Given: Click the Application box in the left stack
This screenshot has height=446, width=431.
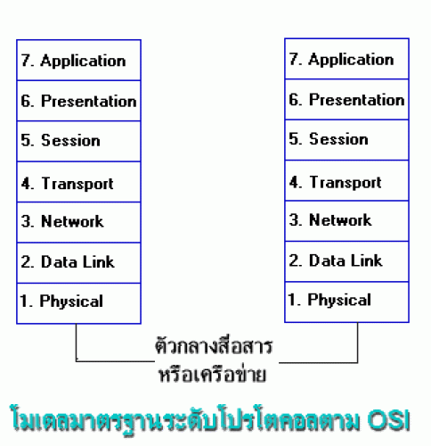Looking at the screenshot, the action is [x=78, y=60].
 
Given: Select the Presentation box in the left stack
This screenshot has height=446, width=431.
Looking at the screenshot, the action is [x=78, y=101].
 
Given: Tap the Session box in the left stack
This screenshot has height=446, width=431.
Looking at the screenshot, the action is [x=78, y=141].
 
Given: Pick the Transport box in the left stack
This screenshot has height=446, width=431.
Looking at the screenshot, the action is [x=78, y=182].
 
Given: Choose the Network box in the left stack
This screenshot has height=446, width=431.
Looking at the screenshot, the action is [x=78, y=222].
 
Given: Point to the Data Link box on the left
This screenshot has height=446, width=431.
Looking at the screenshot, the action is [x=78, y=263].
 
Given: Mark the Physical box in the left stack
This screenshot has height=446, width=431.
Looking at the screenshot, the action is [x=78, y=303].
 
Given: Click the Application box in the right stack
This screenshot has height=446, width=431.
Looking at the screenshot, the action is [x=346, y=59].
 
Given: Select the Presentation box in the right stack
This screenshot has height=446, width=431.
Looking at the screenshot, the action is [x=346, y=100].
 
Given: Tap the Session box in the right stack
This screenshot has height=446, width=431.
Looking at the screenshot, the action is [x=346, y=140].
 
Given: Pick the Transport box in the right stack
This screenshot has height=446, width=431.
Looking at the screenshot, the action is [x=346, y=180].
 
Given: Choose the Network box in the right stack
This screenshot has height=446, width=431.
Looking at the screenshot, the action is [x=346, y=221].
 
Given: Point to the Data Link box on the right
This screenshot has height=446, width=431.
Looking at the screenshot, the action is [x=346, y=261].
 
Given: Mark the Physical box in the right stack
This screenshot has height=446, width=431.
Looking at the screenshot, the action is [x=346, y=302].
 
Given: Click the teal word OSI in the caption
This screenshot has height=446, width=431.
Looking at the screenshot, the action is [x=388, y=420].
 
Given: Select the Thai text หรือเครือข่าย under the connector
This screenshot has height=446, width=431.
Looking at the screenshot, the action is [x=213, y=373].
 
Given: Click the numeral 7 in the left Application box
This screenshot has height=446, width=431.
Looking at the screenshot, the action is [x=26, y=60].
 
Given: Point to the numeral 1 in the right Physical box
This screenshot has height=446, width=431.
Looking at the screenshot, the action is [x=293, y=300].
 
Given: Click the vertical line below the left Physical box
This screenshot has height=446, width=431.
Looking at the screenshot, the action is [x=77, y=343].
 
